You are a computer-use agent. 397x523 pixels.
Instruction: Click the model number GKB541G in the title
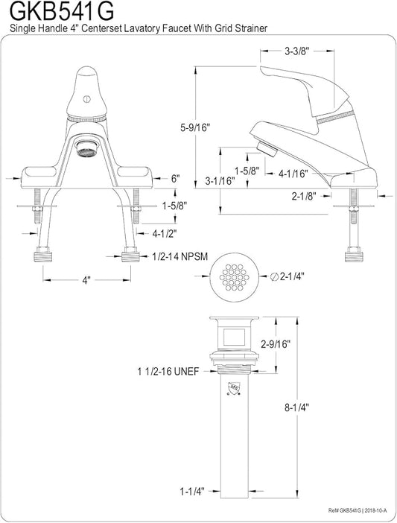point(63,11)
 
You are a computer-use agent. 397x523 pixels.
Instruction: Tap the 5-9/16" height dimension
point(196,127)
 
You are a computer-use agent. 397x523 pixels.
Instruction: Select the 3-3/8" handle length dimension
point(297,51)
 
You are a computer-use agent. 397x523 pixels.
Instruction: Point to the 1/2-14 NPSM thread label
point(180,256)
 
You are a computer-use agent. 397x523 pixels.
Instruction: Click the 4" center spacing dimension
point(86,280)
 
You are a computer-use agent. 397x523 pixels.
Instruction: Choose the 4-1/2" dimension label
point(165,234)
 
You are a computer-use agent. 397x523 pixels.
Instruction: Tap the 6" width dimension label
point(176,179)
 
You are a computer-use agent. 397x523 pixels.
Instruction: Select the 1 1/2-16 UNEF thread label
point(168,371)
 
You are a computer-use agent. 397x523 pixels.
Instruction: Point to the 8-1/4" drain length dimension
point(296,408)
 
